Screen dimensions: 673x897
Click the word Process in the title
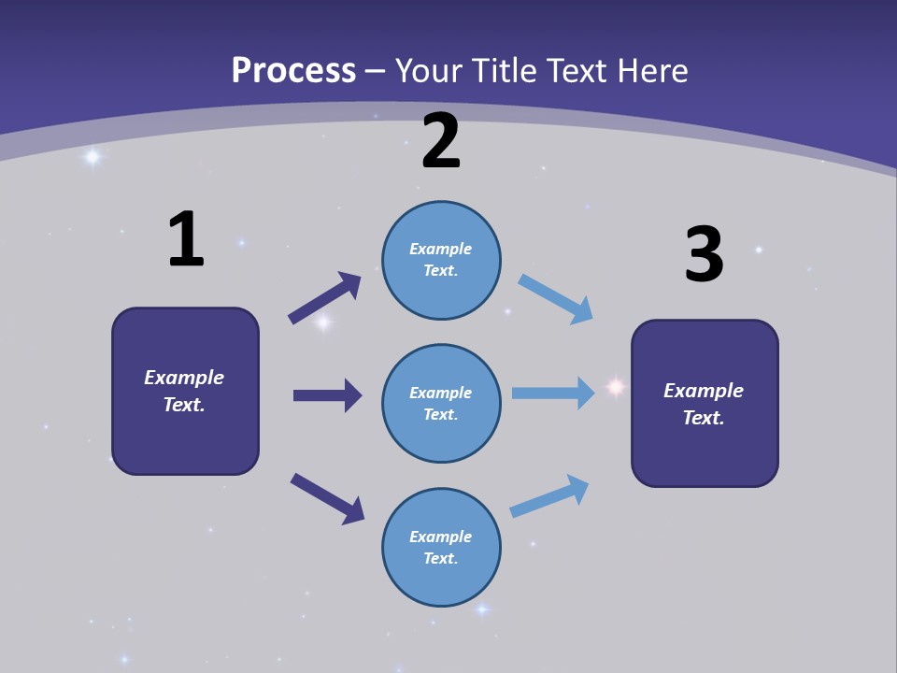293,71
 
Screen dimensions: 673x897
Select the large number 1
186,239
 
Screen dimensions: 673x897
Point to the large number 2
441,141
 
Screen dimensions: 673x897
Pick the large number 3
704,255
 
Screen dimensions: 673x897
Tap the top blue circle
441,260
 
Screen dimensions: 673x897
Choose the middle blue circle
441,404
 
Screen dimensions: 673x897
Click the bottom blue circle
441,548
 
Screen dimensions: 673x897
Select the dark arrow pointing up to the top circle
324,297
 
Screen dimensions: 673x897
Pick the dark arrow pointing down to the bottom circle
327,498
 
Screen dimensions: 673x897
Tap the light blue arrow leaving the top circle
555,298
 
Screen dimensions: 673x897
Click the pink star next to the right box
616,386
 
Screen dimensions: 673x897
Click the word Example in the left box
184,378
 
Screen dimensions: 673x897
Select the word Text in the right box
703,418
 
